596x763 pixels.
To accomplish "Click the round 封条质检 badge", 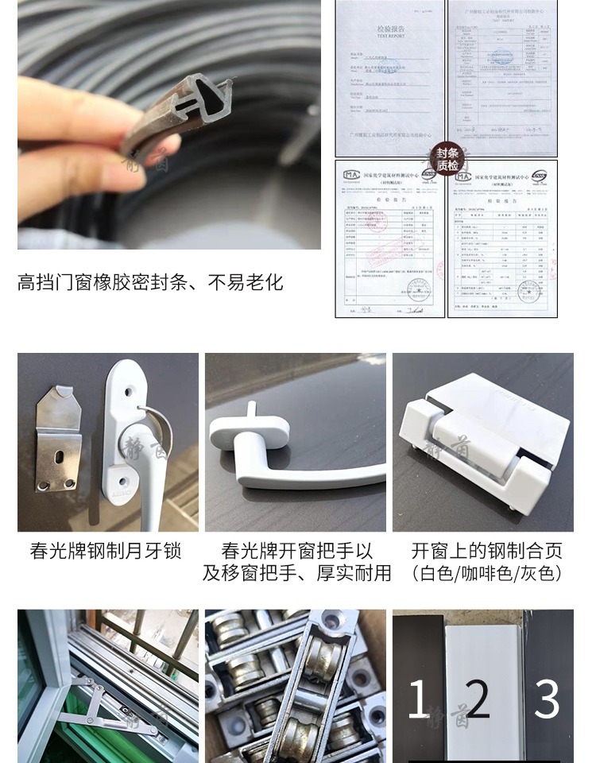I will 447,159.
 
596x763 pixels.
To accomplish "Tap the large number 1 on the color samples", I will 418,700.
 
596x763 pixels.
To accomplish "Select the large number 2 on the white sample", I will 478,699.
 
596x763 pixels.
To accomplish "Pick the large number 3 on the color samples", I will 547,699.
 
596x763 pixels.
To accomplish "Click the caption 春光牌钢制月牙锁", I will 106,551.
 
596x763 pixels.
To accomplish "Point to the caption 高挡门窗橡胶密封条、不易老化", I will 150,282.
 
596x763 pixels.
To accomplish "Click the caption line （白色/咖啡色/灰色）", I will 486,573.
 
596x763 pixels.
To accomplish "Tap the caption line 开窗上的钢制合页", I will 486,551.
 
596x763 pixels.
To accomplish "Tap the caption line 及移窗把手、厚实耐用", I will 296,573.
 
